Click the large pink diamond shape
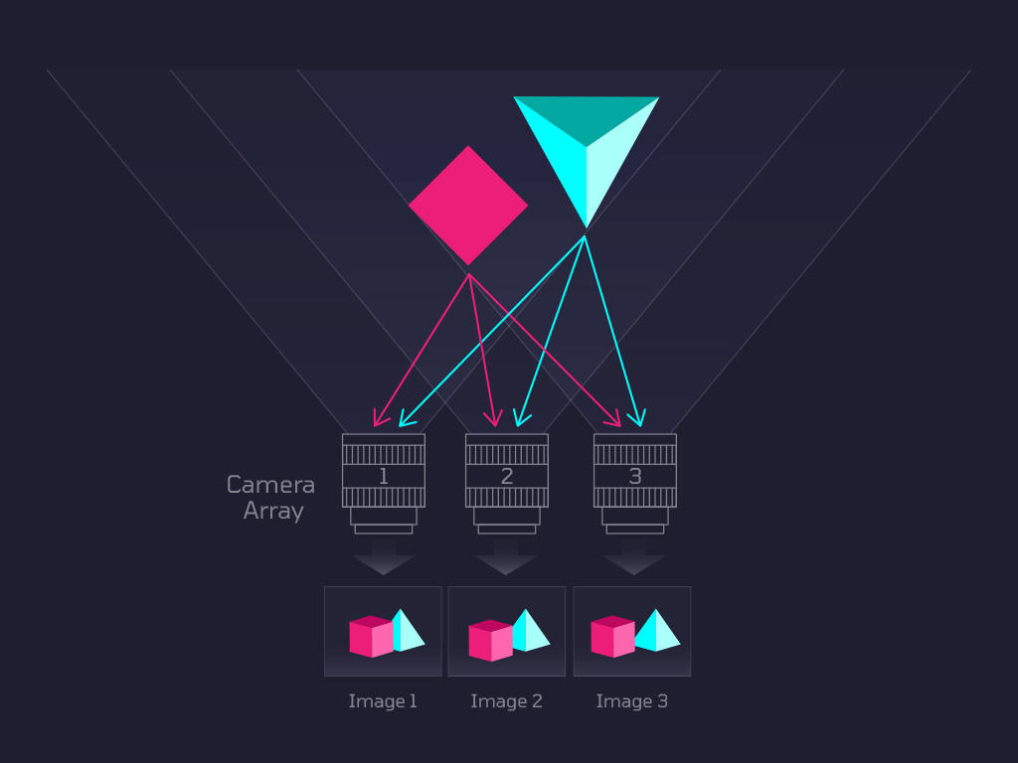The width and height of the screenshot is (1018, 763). pos(468,205)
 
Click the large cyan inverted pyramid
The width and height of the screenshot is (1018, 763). pos(587,156)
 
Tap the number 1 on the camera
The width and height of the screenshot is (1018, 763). pos(384,476)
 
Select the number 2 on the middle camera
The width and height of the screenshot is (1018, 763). pos(507,476)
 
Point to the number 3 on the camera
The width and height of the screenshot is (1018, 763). pos(635,476)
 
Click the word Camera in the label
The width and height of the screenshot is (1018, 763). pos(270,485)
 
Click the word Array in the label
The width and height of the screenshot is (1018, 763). pos(273,512)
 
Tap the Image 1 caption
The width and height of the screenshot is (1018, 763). pos(383,701)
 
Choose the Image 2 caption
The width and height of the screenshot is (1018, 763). pos(506,701)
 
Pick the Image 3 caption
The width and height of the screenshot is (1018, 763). pos(631,701)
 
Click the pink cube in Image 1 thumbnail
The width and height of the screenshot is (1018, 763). pos(372,637)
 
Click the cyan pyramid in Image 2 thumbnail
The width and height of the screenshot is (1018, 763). pos(531,630)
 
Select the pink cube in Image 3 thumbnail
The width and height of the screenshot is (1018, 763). pos(612,637)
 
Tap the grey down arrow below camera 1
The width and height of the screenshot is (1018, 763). pos(383,558)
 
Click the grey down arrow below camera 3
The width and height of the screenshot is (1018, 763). pos(633,558)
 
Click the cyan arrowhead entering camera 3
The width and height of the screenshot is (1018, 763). pos(638,418)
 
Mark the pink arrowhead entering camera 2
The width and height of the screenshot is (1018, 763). pos(494,418)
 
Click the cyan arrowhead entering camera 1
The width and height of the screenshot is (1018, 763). pos(406,420)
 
